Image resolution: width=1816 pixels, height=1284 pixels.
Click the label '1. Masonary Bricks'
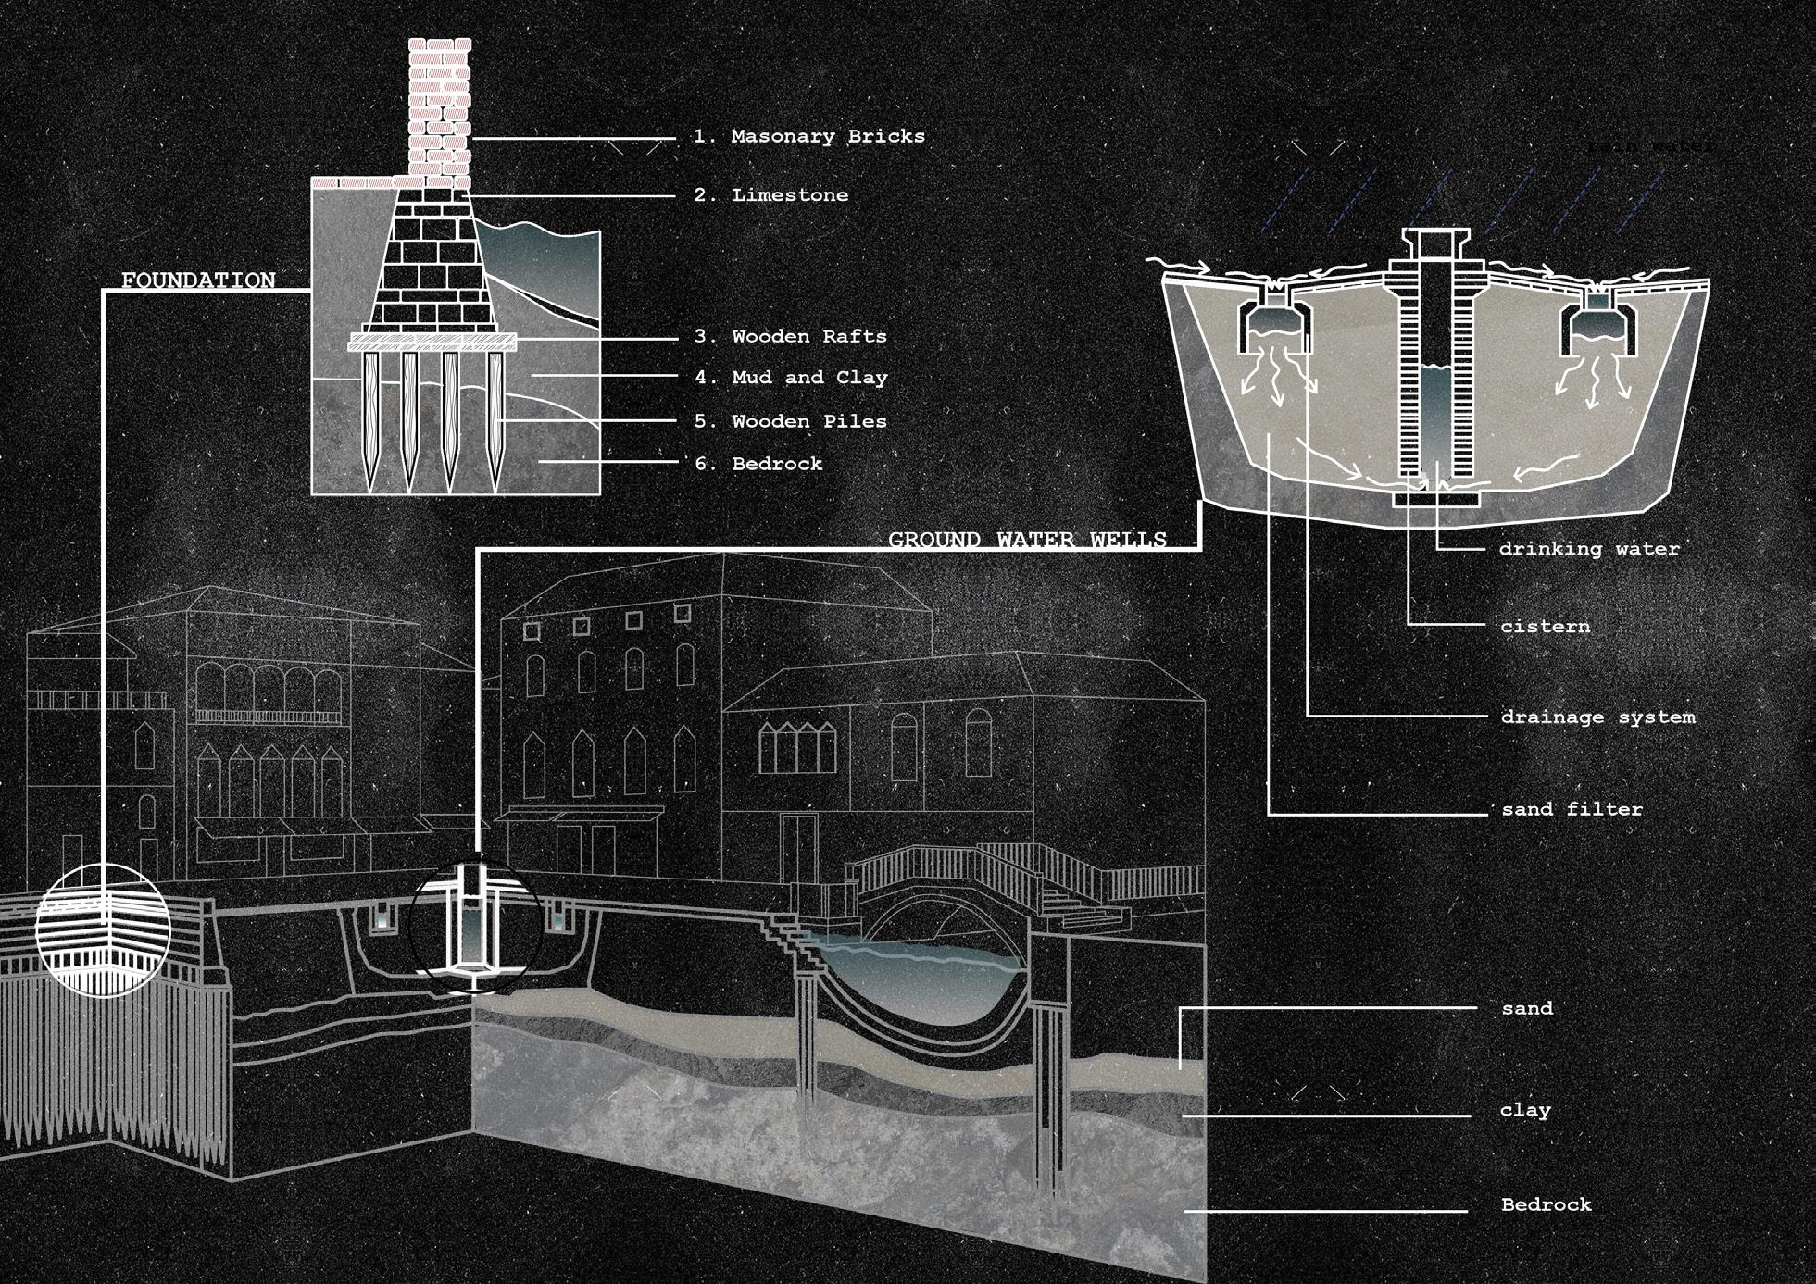[x=809, y=136]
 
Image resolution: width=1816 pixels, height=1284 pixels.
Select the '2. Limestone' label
[x=771, y=195]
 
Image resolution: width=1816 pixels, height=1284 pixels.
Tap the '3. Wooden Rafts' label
[x=791, y=337]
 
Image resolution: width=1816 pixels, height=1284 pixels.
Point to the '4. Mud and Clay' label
[x=791, y=378]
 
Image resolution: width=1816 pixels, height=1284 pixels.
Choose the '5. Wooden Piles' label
[x=791, y=421]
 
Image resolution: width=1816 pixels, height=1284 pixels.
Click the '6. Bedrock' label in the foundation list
[x=758, y=464]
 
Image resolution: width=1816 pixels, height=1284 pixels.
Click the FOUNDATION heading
[x=198, y=280]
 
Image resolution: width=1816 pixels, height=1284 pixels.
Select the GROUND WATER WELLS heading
[x=1027, y=539]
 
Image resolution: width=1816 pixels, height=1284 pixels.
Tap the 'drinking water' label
[x=1589, y=549]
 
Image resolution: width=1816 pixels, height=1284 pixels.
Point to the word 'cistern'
[x=1545, y=627]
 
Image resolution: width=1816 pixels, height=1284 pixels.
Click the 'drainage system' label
[x=1597, y=717]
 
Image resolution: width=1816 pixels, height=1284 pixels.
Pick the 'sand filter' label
[x=1572, y=809]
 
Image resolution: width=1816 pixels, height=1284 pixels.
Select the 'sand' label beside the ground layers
[x=1527, y=1008]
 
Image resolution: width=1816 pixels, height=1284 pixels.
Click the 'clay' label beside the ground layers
[x=1525, y=1110]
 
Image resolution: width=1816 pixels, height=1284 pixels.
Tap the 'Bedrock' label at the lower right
[x=1546, y=1204]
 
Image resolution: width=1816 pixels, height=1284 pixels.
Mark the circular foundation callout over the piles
[x=103, y=930]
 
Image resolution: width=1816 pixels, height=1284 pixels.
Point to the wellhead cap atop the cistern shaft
[x=1436, y=243]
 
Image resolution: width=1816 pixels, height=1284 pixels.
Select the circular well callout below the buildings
[x=475, y=930]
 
